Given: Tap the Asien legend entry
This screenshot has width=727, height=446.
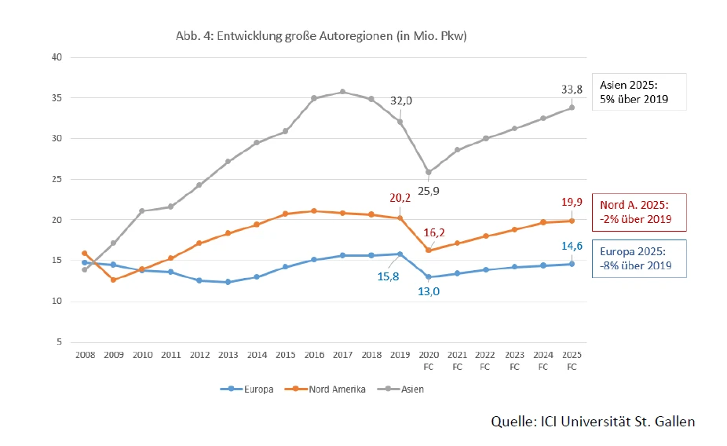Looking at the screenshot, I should pos(404,389).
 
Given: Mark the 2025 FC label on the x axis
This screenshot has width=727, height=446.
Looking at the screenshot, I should pos(572,360).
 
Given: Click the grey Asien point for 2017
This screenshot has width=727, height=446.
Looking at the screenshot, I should pos(342,92).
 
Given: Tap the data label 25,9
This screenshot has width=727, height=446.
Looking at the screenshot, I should pos(428,189).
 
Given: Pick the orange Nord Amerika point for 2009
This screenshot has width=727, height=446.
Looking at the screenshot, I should pos(113,280).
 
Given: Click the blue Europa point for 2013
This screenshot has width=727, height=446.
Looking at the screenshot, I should pos(228,282).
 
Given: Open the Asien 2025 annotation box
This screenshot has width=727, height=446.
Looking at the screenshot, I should pos(640,93).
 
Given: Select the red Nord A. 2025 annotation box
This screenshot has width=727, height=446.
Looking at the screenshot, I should pos(640,211).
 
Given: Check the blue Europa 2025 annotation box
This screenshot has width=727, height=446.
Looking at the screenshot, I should pos(640,258).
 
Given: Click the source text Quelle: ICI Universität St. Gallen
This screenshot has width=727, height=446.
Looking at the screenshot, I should pos(593,422).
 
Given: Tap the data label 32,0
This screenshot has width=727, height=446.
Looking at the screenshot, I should pos(402,101).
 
